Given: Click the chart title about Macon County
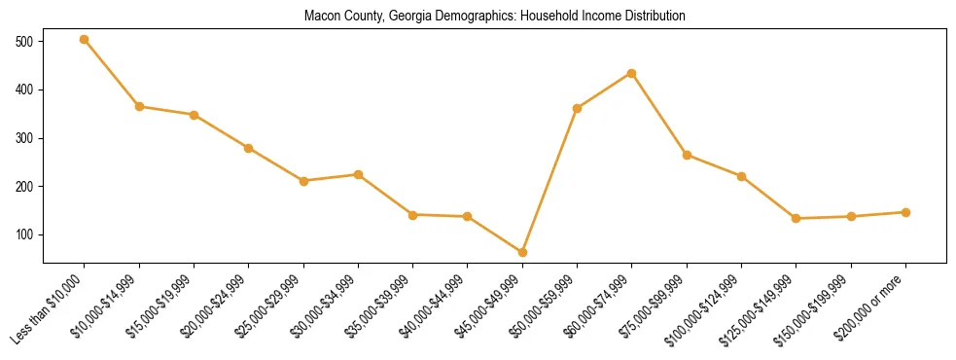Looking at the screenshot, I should tap(494, 17).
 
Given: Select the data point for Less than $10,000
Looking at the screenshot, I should tap(85, 40).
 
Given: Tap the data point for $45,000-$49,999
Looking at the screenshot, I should tap(522, 252).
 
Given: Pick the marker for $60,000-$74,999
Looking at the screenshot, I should tap(632, 73).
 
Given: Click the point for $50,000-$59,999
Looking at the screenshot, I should tap(578, 108).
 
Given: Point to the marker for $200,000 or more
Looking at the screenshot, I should tap(905, 212).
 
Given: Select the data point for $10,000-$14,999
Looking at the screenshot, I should tap(139, 106).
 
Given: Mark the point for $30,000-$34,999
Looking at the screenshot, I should tap(358, 174).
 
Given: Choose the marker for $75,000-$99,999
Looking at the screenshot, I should tap(687, 155).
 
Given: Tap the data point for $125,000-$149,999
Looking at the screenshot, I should tap(797, 218).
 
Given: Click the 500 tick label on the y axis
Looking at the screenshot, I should tap(24, 42).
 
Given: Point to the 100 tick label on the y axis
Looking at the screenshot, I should tap(24, 234).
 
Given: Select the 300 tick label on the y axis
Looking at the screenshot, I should tap(24, 138).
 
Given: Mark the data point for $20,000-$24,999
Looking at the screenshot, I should tap(249, 148).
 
